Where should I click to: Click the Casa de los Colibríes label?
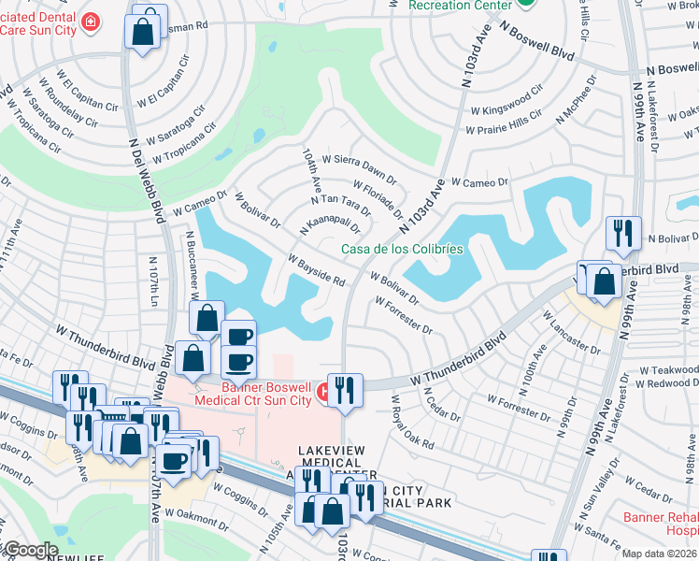402,249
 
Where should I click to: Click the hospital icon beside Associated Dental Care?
91,22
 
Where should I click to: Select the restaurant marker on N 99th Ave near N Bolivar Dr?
622,233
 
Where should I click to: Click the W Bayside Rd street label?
318,270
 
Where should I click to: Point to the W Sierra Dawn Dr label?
360,168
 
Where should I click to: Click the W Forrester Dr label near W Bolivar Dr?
405,315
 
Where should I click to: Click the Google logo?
30,550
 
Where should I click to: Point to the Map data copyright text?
659,554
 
